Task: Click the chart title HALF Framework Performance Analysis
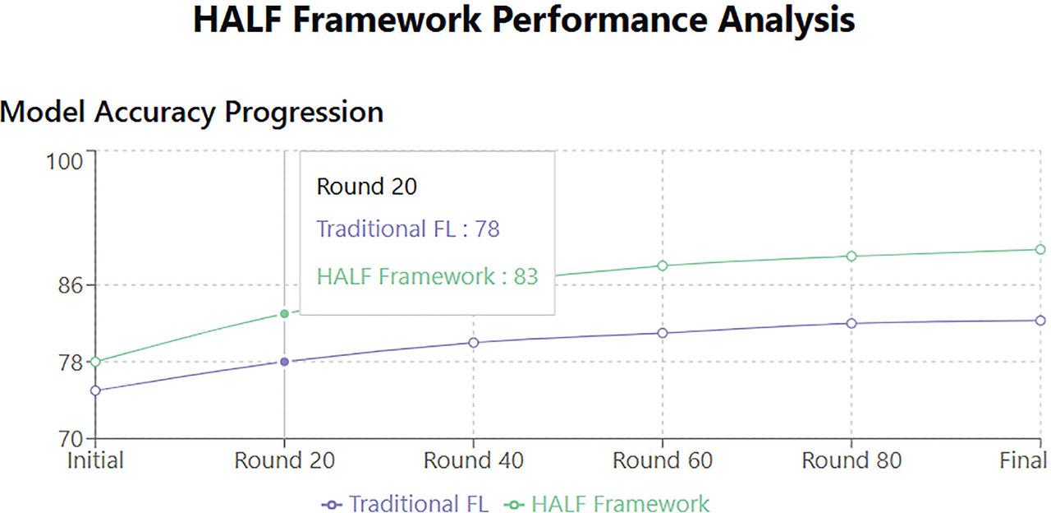(524, 21)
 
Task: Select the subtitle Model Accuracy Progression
(192, 113)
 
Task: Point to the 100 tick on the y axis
(64, 162)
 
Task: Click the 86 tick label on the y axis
(71, 285)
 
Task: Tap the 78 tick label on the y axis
(71, 363)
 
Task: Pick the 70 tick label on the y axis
(71, 439)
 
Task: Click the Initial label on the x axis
(95, 460)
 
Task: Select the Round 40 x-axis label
(474, 460)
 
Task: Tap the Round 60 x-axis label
(663, 460)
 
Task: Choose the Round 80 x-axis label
(851, 460)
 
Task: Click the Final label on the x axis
(1023, 460)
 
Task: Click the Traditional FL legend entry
(406, 504)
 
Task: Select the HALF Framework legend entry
(607, 504)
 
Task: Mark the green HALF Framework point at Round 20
(284, 314)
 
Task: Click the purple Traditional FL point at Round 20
(284, 362)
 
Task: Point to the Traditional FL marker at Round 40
(474, 343)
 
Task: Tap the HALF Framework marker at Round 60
(663, 266)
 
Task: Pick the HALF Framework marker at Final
(1040, 249)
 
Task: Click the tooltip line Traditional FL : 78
(408, 229)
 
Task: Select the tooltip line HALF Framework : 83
(428, 276)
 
